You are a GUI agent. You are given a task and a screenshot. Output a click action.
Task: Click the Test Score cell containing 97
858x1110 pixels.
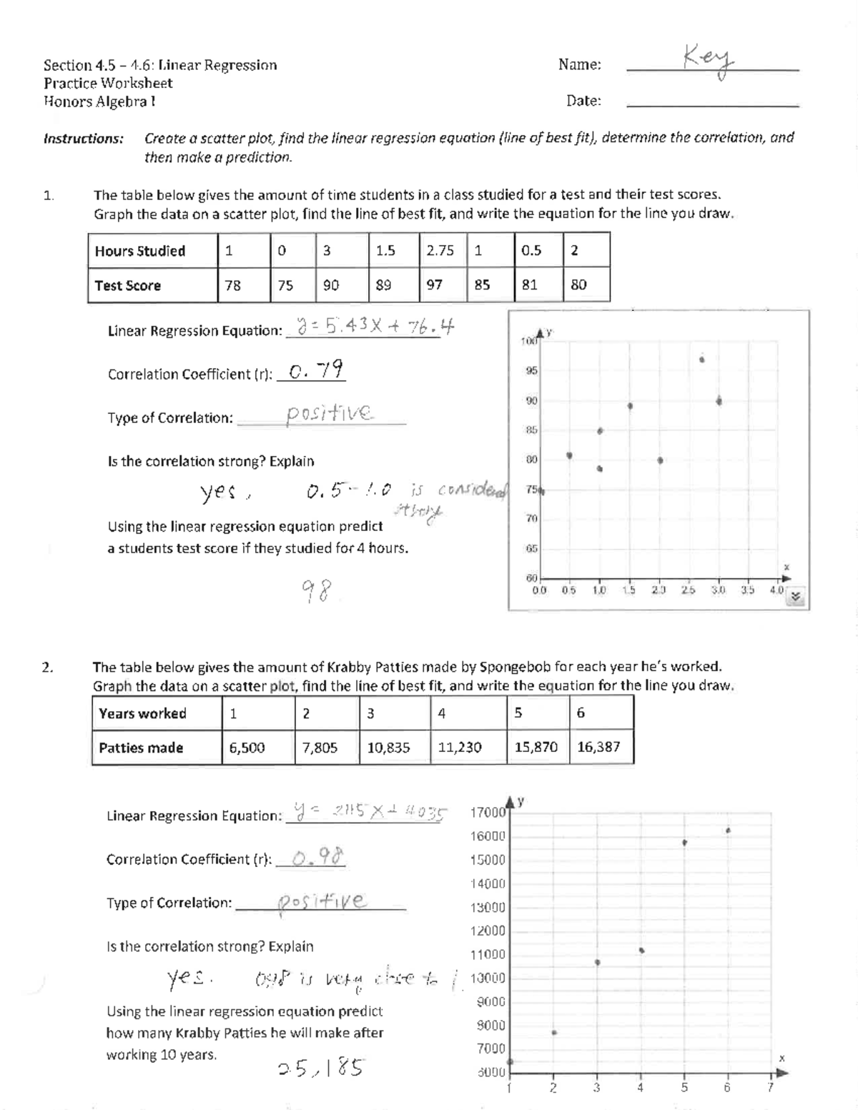(435, 284)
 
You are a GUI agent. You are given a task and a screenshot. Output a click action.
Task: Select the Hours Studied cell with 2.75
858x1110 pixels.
(440, 250)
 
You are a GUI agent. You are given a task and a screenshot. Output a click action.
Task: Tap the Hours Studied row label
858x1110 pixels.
(140, 251)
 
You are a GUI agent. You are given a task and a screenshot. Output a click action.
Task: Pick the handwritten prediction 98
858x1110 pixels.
(315, 591)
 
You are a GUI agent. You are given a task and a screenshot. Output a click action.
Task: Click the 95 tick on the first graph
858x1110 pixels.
(531, 371)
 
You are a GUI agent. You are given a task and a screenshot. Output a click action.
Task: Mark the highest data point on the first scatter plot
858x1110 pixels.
(702, 359)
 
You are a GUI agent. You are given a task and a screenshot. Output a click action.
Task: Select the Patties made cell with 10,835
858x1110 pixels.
(388, 747)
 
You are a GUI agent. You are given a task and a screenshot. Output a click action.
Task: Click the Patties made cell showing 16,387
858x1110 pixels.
(598, 747)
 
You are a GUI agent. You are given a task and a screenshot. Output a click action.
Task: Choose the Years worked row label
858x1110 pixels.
(142, 713)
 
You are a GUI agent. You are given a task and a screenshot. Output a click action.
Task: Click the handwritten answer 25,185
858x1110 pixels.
(320, 1067)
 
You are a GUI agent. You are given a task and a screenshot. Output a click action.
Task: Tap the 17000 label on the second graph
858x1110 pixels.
(488, 813)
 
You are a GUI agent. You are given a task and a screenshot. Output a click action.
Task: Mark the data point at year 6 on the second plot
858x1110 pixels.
(728, 831)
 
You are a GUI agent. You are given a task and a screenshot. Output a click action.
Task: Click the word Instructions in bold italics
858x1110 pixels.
(84, 138)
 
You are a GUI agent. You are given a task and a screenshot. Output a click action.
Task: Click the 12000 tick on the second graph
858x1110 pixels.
(488, 931)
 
